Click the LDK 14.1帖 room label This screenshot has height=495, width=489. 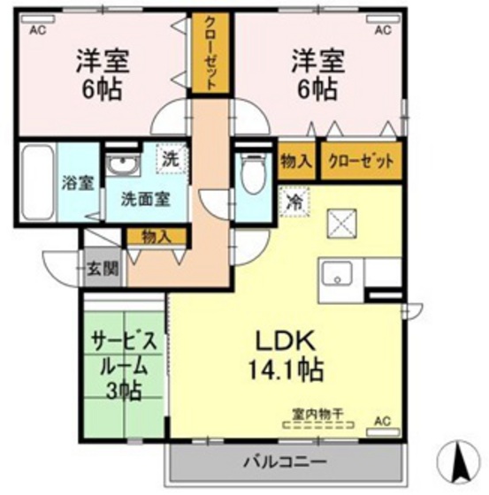click(287, 353)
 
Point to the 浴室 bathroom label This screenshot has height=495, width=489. click(77, 184)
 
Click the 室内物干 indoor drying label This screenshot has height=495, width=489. click(315, 412)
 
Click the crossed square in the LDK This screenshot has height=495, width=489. click(340, 223)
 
